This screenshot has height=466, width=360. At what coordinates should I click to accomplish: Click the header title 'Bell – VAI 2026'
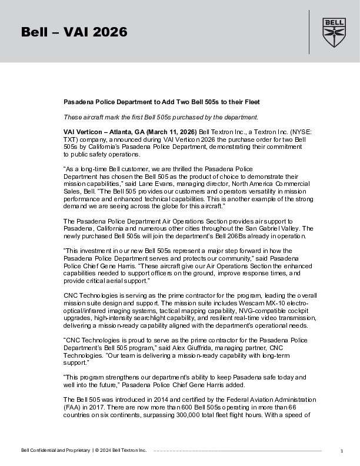click(74, 32)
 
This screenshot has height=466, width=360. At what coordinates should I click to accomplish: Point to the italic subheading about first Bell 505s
click(161, 116)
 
